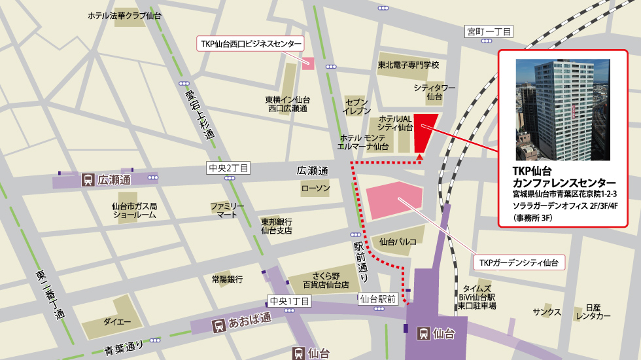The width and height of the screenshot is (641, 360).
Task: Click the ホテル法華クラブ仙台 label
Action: point(125,15)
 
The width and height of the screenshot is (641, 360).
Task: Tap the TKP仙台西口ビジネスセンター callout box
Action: point(251,44)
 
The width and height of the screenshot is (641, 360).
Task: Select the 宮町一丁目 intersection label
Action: point(489,31)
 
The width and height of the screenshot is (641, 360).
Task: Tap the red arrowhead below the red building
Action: point(419,157)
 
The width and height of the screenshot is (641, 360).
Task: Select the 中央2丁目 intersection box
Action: point(228,168)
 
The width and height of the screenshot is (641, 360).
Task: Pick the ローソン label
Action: point(315,189)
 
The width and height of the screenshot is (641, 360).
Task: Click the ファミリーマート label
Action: point(227,210)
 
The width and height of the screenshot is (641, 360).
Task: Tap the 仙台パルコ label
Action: point(398,242)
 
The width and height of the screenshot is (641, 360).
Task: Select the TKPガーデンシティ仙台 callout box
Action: point(519,262)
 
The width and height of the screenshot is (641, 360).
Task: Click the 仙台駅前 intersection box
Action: point(378,299)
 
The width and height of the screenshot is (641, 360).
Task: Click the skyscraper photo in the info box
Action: point(563,110)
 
